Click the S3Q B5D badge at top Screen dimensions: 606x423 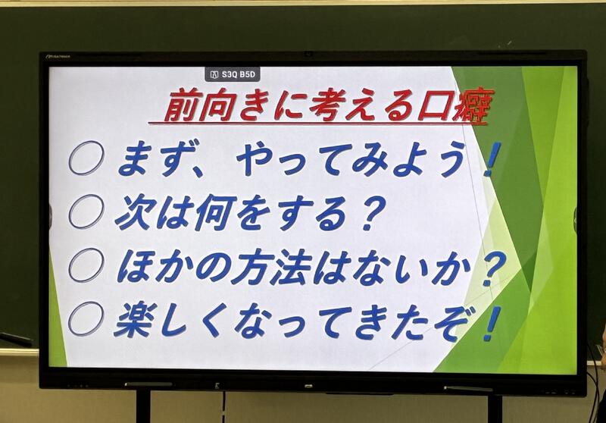click(233, 74)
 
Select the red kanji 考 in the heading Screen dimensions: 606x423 click(329, 106)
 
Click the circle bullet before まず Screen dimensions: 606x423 click(86, 158)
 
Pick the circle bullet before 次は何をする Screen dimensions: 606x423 click(86, 211)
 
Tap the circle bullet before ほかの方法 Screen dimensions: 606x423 click(86, 265)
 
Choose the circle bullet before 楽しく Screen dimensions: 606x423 click(86, 318)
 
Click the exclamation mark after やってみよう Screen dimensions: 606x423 click(492, 159)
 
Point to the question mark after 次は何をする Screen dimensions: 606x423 click(369, 213)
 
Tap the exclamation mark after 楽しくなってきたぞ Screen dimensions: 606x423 click(492, 324)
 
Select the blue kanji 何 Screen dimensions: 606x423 click(213, 212)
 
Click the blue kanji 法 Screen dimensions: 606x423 click(292, 267)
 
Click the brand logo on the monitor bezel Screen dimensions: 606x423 click(58, 56)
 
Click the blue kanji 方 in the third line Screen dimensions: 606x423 click(251, 267)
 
